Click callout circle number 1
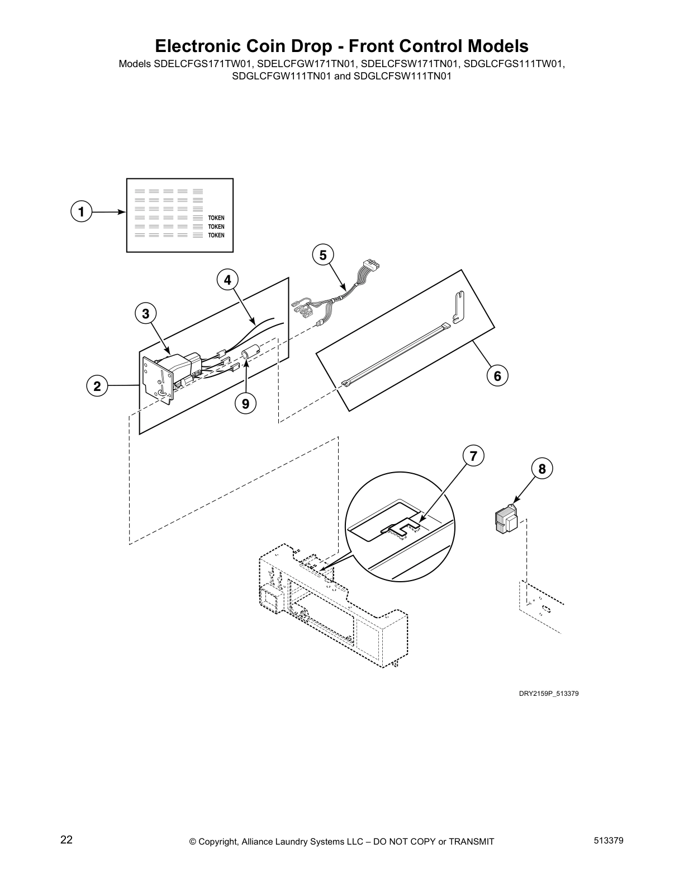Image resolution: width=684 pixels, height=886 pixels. click(x=81, y=212)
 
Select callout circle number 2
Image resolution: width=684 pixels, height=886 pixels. click(x=97, y=386)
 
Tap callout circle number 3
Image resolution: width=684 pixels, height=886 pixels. click(x=146, y=314)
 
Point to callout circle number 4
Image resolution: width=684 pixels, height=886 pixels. click(x=227, y=280)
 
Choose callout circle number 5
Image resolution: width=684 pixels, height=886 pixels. click(x=322, y=255)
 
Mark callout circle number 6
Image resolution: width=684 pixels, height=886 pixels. click(x=497, y=376)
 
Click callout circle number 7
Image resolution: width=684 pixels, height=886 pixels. click(x=473, y=456)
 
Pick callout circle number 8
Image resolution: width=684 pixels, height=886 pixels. click(x=542, y=468)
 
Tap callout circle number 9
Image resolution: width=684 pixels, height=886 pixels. click(x=246, y=402)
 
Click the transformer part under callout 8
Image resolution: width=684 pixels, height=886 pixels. click(x=506, y=518)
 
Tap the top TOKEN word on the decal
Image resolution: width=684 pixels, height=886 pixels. click(x=216, y=218)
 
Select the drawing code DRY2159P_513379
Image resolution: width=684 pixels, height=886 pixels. click(x=548, y=694)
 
